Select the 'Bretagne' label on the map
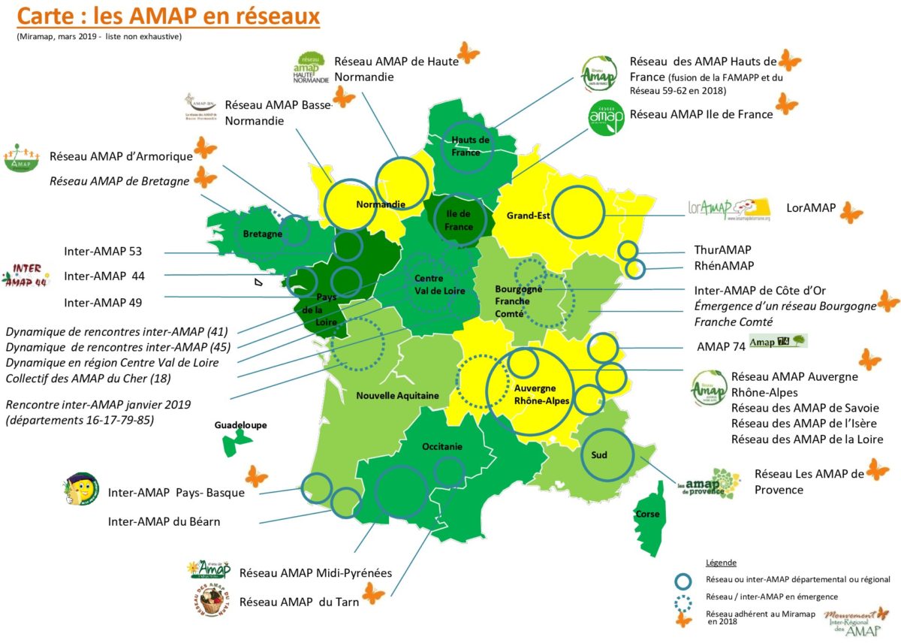coord(262,234)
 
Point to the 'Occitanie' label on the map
coord(441,446)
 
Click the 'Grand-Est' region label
coord(529,216)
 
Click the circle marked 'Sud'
coord(607,455)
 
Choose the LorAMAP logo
coord(729,209)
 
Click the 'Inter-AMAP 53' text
coord(103,251)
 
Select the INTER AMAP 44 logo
coord(27,276)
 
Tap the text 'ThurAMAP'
coord(722,250)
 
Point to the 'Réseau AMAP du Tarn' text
coord(299,602)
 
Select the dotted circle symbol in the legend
coord(683,598)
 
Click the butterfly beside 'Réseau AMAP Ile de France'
coord(786,104)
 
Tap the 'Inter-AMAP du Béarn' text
coord(164,521)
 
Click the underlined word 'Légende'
coord(722,563)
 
